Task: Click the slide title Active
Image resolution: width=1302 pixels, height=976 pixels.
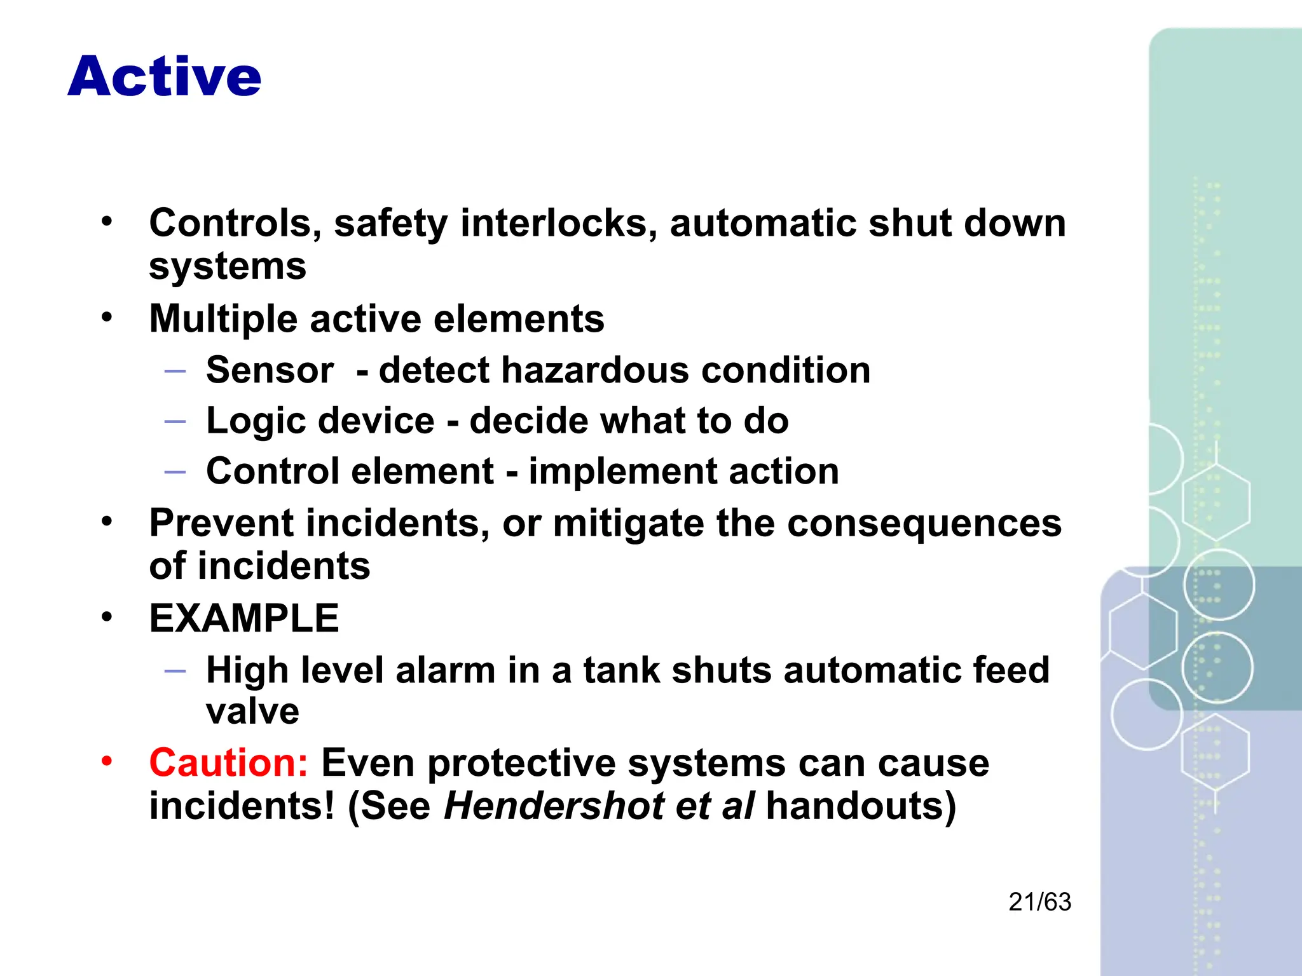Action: tap(164, 77)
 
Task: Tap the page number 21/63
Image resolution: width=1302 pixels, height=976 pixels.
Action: tap(1039, 902)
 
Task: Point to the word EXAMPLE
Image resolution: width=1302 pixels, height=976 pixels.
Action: tap(244, 618)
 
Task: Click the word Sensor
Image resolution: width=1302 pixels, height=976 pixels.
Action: tap(270, 370)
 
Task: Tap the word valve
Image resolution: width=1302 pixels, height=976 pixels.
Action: tap(252, 710)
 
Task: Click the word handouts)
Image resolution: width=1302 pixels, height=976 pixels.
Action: tap(861, 806)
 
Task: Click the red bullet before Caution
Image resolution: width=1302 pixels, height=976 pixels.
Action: tap(107, 761)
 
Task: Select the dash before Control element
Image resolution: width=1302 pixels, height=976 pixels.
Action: tap(175, 471)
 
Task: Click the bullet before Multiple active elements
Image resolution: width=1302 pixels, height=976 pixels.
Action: tap(107, 316)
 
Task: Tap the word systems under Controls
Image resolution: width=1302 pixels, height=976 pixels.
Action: tap(228, 267)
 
